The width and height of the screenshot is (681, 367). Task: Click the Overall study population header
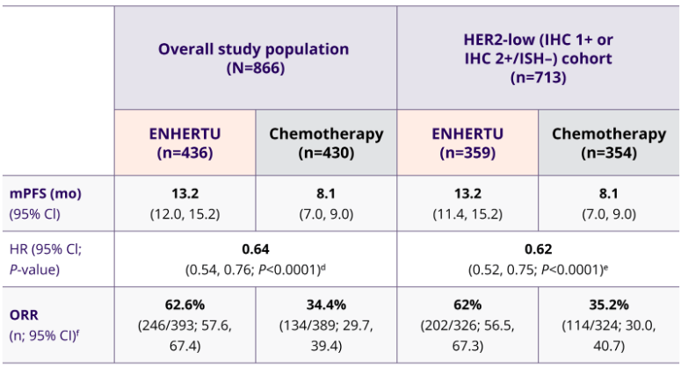[x=253, y=49]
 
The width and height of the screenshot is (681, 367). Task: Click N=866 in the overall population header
[x=253, y=68]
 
